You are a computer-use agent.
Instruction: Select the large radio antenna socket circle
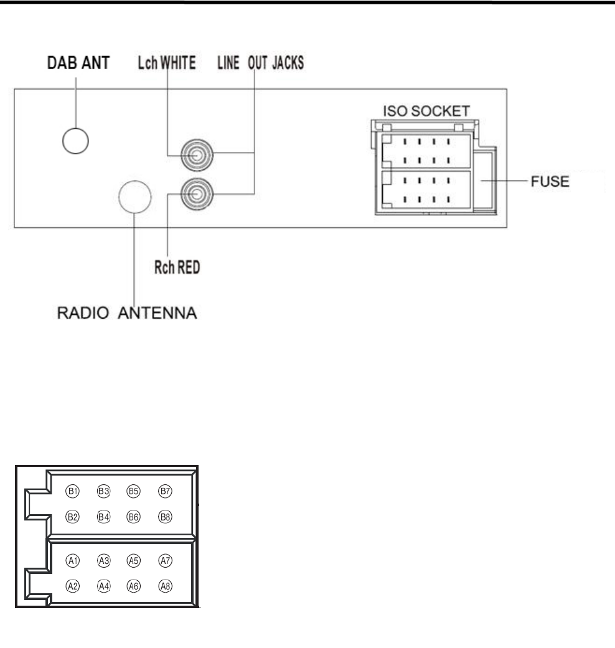135,197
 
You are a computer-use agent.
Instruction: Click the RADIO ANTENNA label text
123,313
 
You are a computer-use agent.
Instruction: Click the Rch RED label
176,269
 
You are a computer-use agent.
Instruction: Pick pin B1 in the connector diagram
72,491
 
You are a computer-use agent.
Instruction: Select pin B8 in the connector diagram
165,517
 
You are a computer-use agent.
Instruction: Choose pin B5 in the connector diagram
133,491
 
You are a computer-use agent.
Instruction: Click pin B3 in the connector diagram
103,491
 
